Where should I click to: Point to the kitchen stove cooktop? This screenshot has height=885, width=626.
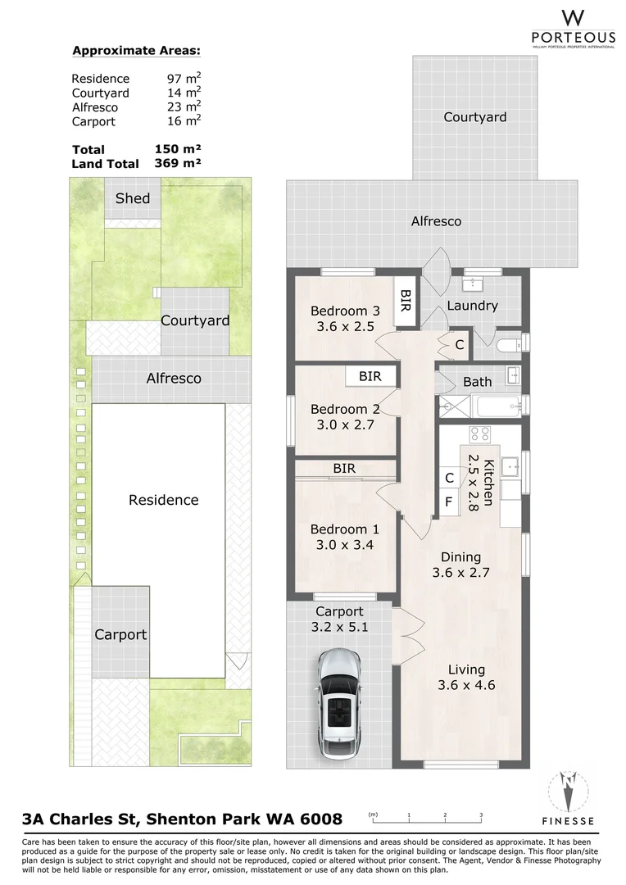(480, 434)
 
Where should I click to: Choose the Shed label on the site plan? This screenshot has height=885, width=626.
(133, 198)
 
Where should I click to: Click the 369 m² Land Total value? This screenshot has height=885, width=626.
(178, 163)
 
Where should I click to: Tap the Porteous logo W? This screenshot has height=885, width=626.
(573, 18)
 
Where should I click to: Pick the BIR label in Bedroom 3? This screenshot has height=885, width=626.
(406, 301)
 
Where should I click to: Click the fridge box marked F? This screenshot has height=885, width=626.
(449, 501)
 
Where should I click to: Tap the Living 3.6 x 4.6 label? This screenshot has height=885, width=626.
(466, 678)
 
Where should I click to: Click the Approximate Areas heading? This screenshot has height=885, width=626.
(136, 51)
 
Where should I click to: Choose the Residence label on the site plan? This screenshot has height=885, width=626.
(164, 500)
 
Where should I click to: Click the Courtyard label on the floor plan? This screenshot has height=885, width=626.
(474, 117)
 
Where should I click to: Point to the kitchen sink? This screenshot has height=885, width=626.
(510, 466)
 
